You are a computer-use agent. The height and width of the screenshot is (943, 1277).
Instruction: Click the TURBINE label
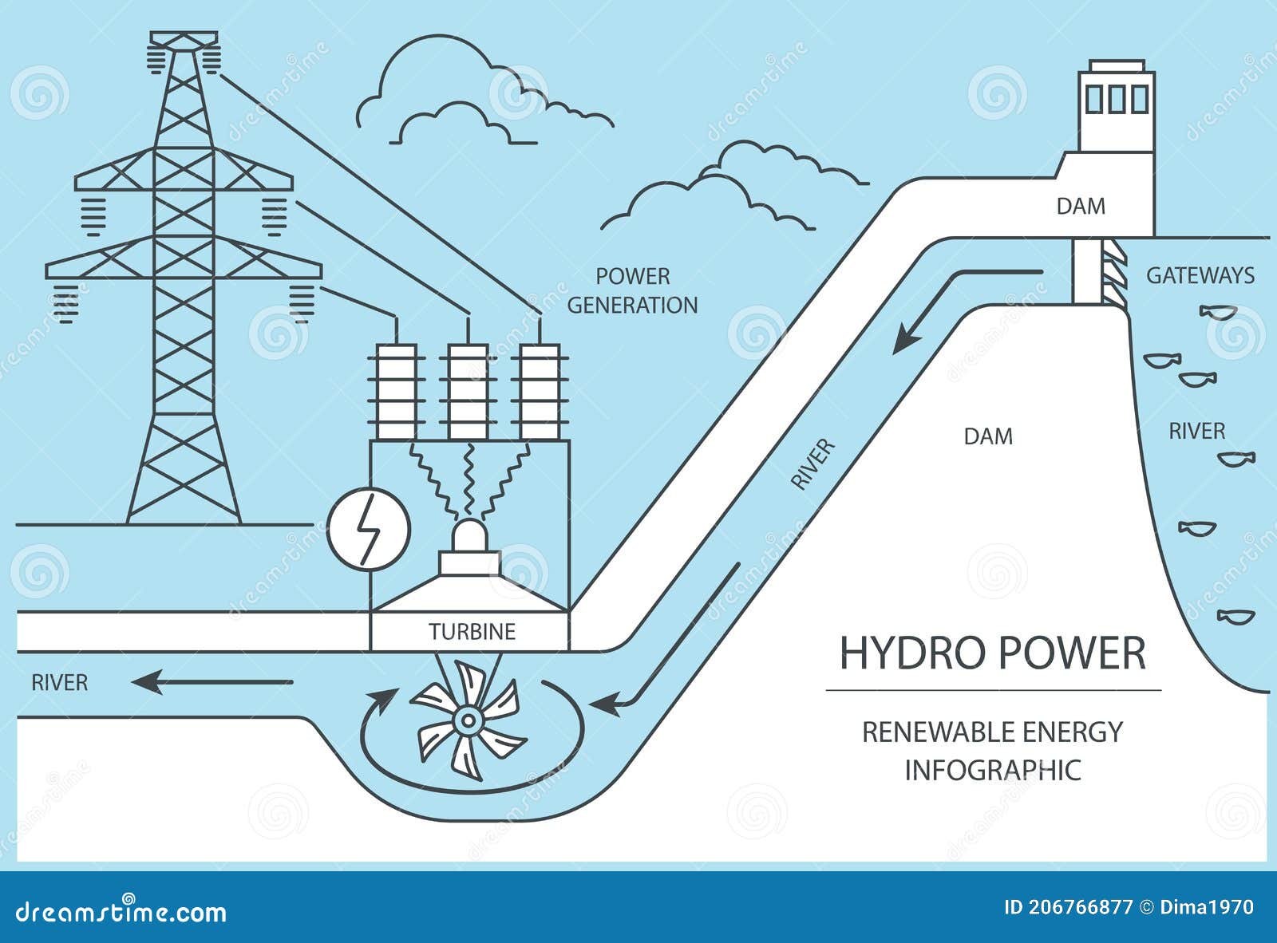472,632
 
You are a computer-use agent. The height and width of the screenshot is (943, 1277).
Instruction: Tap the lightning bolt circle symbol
369,528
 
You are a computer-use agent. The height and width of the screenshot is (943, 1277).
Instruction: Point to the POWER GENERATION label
632,290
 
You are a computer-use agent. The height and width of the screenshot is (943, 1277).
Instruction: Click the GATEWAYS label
1200,276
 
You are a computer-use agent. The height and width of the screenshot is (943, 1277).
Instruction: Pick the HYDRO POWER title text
992,653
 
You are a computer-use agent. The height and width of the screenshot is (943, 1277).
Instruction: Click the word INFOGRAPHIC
992,771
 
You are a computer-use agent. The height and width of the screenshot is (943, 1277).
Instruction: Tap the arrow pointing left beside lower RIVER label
212,682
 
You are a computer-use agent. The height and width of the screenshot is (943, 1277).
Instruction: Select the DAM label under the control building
1081,206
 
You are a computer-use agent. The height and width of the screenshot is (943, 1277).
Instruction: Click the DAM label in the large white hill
988,436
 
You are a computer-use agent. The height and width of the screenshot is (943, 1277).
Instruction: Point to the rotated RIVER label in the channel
812,464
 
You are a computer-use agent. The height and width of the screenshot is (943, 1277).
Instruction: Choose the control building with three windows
1116,108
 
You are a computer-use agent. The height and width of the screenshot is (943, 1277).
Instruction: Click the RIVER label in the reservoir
1196,432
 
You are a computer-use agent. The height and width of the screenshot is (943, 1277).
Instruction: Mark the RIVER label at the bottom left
59,683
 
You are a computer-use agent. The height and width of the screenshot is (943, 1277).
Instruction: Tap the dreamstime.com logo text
121,910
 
